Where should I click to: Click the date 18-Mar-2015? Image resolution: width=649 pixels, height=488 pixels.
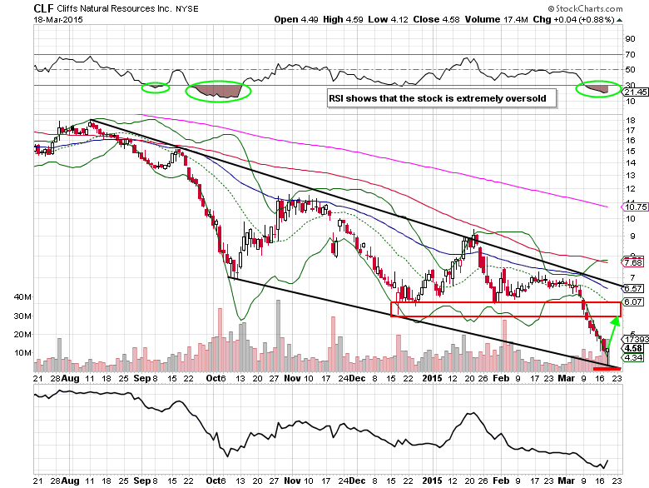pos(54,22)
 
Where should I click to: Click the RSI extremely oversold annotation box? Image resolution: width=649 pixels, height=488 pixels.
pos(441,98)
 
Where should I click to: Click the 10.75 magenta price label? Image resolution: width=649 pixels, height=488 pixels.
pos(634,207)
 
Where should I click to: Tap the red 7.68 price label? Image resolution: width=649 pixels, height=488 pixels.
pos(634,262)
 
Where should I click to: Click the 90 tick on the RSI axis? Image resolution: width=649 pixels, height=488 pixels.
pos(630,38)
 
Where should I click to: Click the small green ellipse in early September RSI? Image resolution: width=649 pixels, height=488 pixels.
pos(154,87)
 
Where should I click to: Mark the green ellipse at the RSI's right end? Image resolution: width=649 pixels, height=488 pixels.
pos(597,87)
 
